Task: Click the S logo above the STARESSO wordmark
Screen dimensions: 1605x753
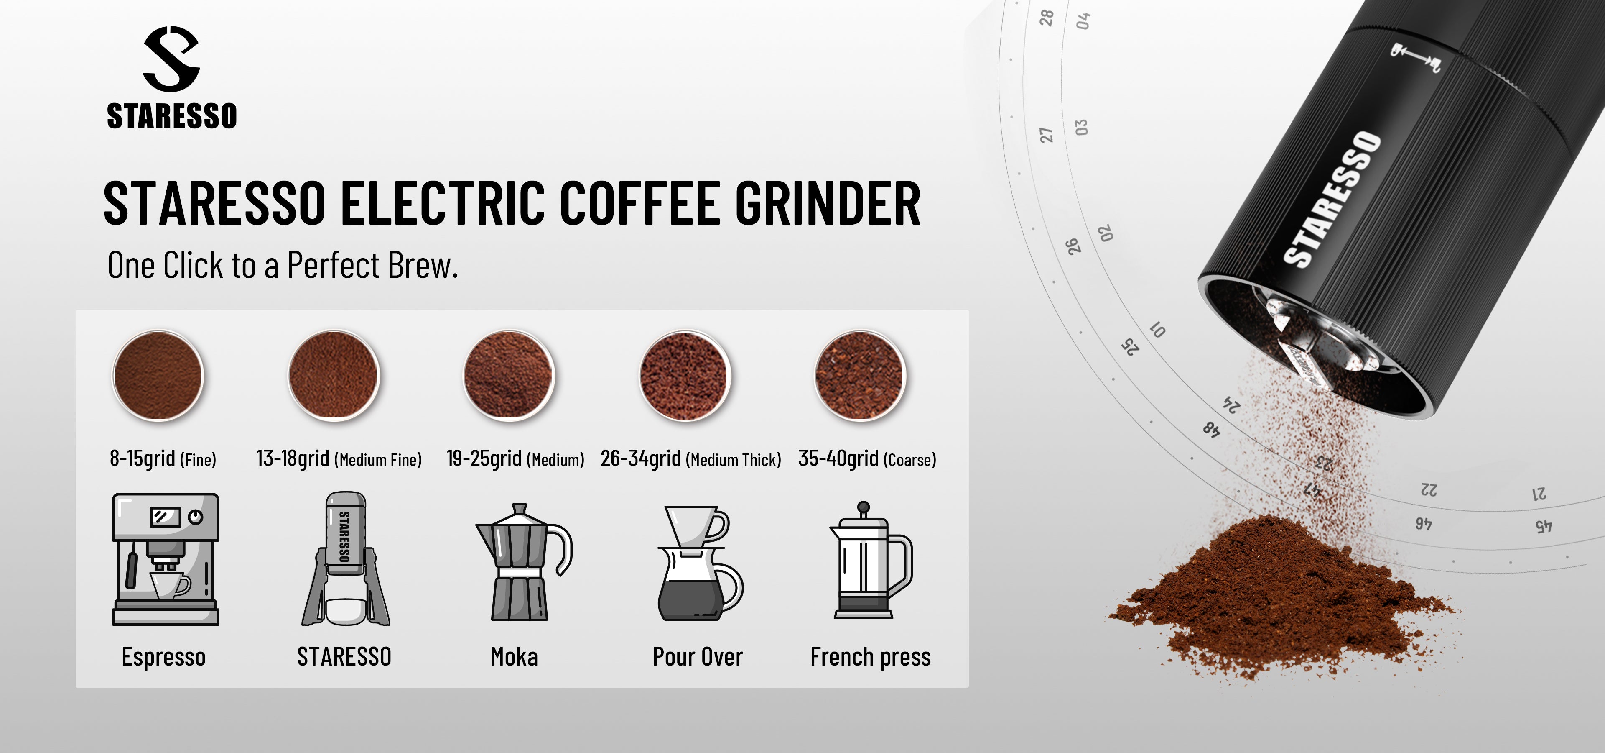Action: (x=171, y=59)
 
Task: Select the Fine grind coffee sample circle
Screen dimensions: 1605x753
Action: (x=158, y=376)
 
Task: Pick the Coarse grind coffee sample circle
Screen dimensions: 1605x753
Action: (x=860, y=376)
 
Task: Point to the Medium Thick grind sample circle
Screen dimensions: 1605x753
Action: (x=685, y=376)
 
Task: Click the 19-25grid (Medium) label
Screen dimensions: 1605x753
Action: (x=515, y=459)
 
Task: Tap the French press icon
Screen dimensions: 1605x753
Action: (x=870, y=560)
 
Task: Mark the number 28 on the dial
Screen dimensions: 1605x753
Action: (x=1047, y=18)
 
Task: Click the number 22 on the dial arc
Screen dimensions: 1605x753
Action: (x=1429, y=489)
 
